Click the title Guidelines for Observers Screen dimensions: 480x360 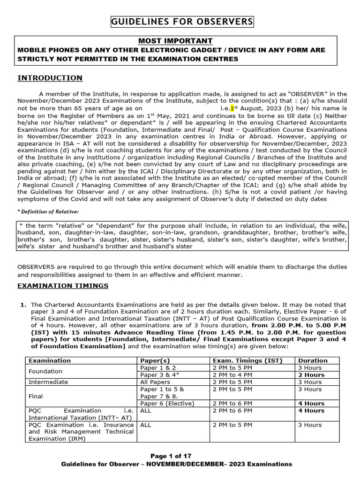pos(182,22)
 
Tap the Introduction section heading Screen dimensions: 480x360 pos(50,78)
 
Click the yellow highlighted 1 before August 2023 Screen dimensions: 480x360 pos(232,107)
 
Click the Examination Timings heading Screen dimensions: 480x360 pos(63,285)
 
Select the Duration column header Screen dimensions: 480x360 pos(313,360)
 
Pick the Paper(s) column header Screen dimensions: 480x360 pos(155,360)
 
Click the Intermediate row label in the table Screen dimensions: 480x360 pos(48,382)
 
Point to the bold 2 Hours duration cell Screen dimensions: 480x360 pos(311,375)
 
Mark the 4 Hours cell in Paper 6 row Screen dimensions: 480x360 pos(311,403)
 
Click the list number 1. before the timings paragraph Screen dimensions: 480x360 pos(22,305)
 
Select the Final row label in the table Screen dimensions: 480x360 pos(36,396)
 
